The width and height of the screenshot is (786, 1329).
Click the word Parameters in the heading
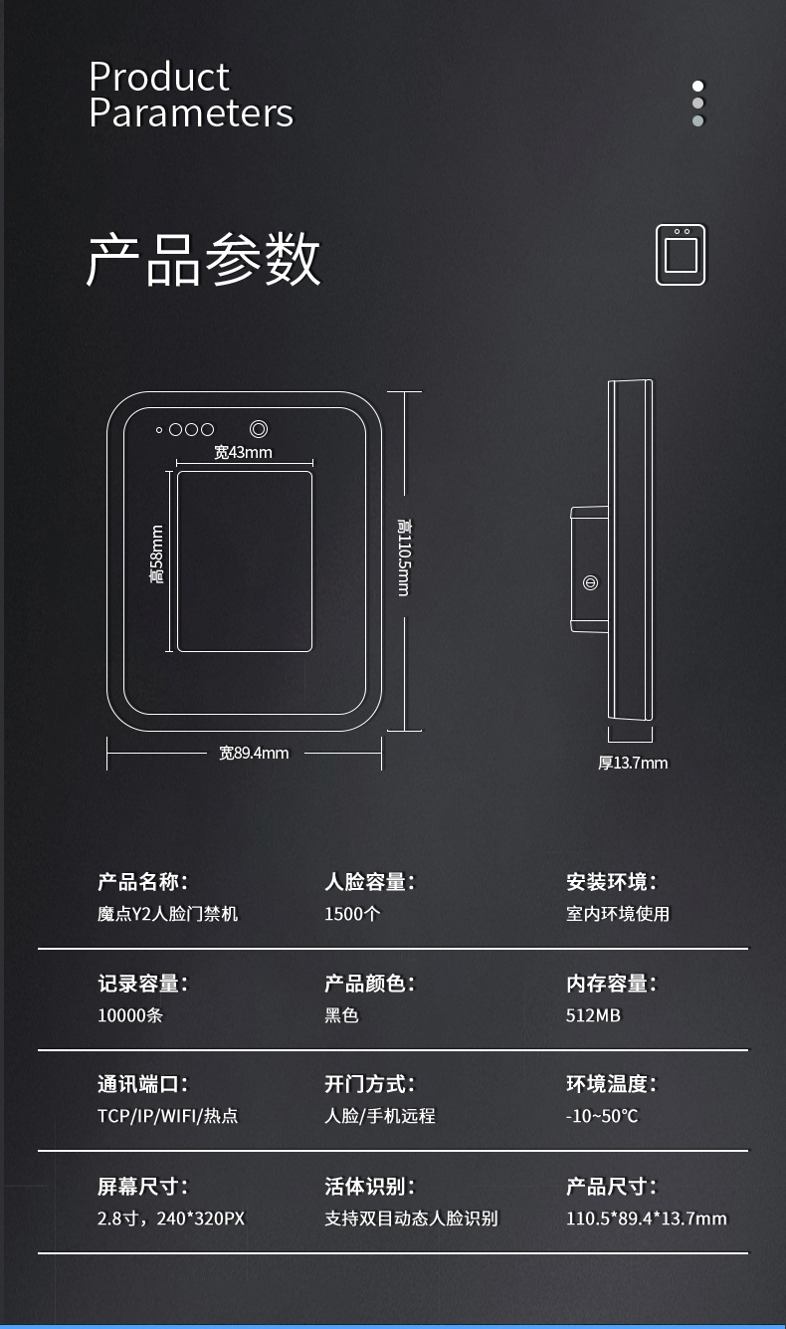(191, 112)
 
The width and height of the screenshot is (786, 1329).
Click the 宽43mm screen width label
(243, 452)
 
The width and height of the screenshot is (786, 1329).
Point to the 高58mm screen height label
(156, 554)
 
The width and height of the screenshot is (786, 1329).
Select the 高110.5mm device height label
(403, 557)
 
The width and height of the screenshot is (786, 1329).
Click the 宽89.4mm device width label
(254, 753)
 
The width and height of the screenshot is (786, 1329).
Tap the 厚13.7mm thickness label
(633, 763)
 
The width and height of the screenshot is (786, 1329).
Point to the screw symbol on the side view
(590, 582)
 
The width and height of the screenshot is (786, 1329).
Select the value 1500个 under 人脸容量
(352, 914)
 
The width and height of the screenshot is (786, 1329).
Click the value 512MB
(593, 1015)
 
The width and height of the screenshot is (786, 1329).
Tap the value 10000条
(130, 1015)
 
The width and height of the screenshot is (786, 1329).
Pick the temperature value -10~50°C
(602, 1116)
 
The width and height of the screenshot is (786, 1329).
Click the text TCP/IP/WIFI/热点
(168, 1116)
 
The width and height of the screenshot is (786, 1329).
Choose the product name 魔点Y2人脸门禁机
(168, 914)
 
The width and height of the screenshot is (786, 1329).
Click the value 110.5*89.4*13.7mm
(646, 1218)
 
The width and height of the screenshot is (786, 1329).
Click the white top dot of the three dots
(698, 87)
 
